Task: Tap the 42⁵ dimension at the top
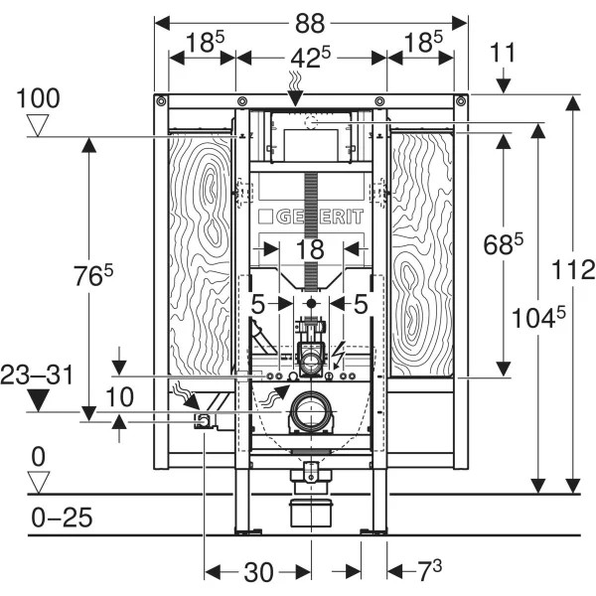click(309, 57)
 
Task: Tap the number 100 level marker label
click(38, 98)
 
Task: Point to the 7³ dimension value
click(428, 571)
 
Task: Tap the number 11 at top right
click(505, 53)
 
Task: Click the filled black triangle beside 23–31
click(39, 400)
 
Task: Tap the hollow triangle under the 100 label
click(39, 125)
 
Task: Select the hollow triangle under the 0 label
click(39, 482)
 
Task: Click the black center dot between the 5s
click(311, 302)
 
